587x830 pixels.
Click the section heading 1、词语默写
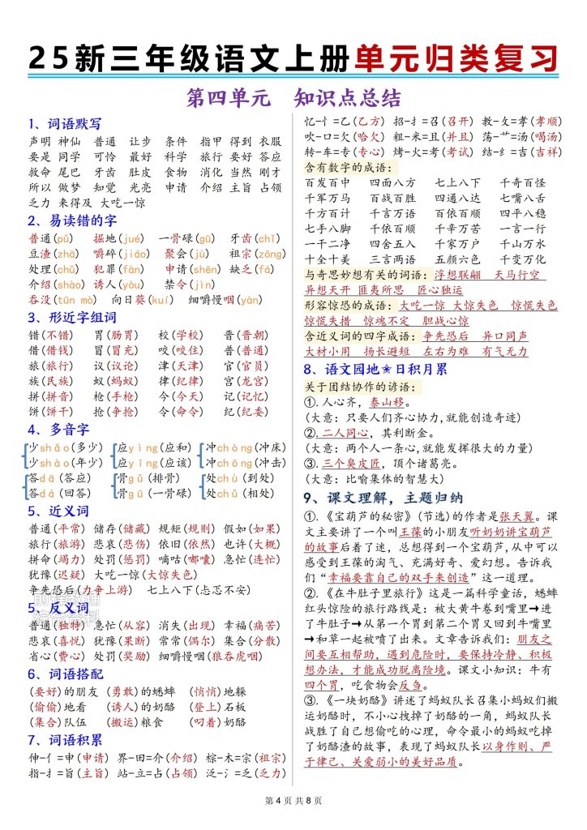click(65, 124)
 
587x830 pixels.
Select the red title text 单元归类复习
click(456, 58)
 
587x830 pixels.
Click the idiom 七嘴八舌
click(523, 198)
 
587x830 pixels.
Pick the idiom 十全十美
click(328, 259)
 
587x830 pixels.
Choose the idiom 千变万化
click(523, 259)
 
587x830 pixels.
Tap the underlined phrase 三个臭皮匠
click(349, 463)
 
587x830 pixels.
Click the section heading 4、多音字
click(56, 429)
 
